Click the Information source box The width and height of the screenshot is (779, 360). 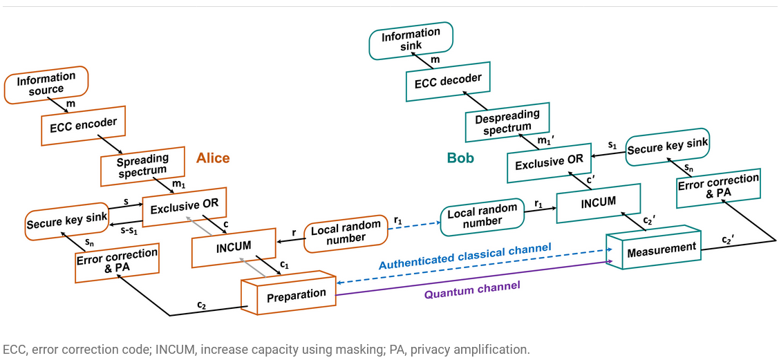click(x=46, y=84)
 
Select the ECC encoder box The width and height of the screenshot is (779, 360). click(x=84, y=125)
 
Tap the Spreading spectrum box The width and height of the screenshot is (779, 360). click(x=143, y=166)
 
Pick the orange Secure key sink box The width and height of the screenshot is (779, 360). click(x=67, y=221)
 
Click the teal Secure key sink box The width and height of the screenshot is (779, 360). click(x=668, y=146)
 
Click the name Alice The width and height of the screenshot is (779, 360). click(x=213, y=158)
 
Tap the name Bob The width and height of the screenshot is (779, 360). click(x=460, y=158)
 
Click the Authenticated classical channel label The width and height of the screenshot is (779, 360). click(x=464, y=256)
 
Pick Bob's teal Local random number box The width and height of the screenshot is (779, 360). click(x=482, y=215)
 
